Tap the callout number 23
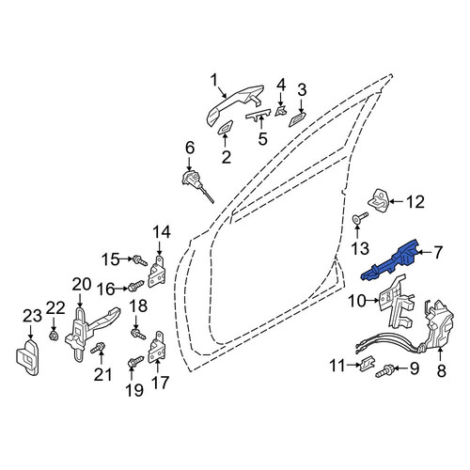tap(32, 316)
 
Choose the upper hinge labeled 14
tap(157, 272)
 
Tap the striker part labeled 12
tap(378, 199)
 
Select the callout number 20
tap(82, 285)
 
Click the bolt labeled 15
tap(139, 260)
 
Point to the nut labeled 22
tap(54, 337)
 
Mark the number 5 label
tap(262, 139)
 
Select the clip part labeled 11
tap(367, 364)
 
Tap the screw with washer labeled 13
tap(360, 217)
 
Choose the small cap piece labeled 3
tap(297, 120)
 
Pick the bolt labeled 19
tap(135, 362)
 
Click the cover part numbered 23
tap(27, 357)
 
